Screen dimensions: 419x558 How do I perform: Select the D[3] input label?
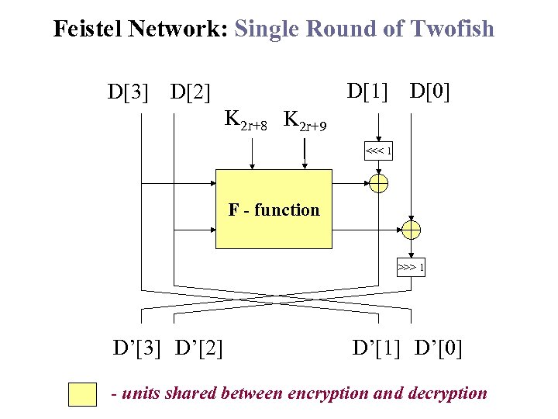(127, 93)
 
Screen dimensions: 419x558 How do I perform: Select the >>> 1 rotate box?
(411, 268)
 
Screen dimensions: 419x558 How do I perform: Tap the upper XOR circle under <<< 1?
(379, 183)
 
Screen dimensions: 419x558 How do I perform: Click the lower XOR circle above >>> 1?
(411, 229)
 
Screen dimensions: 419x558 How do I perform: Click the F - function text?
(274, 209)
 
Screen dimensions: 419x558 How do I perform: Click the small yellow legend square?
(82, 394)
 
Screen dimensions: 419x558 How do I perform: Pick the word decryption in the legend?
(443, 393)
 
